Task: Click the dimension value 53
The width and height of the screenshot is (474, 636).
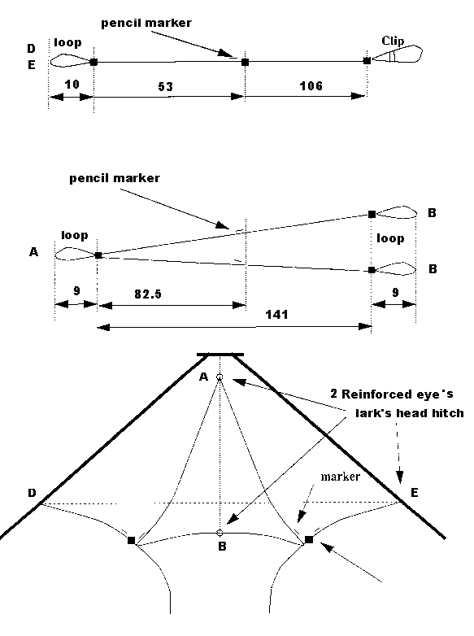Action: (x=165, y=87)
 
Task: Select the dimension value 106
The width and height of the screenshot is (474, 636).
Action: (x=311, y=86)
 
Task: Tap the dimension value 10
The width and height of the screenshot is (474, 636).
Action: (x=72, y=85)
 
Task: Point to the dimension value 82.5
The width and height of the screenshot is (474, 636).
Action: (x=148, y=294)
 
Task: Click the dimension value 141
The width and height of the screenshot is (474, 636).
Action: (x=276, y=315)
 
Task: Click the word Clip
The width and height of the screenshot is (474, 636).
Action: (x=393, y=41)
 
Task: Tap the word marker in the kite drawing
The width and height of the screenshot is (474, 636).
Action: (x=340, y=477)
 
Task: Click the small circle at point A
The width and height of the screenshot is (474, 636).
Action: (x=220, y=377)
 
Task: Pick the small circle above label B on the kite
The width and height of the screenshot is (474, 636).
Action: (x=220, y=533)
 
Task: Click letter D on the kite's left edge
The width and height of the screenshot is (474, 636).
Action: (x=32, y=493)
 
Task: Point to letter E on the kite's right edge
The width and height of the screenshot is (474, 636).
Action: (x=414, y=492)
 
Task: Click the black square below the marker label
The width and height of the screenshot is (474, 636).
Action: (x=309, y=539)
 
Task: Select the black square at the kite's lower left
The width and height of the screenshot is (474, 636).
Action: (x=131, y=540)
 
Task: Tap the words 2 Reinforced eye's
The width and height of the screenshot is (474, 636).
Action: (x=392, y=394)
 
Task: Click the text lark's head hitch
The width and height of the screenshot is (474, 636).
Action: (x=410, y=413)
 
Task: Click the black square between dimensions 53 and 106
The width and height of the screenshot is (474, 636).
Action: (x=245, y=62)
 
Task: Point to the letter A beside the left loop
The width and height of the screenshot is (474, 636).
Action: (x=33, y=252)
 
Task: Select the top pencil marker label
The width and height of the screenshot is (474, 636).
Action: (x=146, y=23)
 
